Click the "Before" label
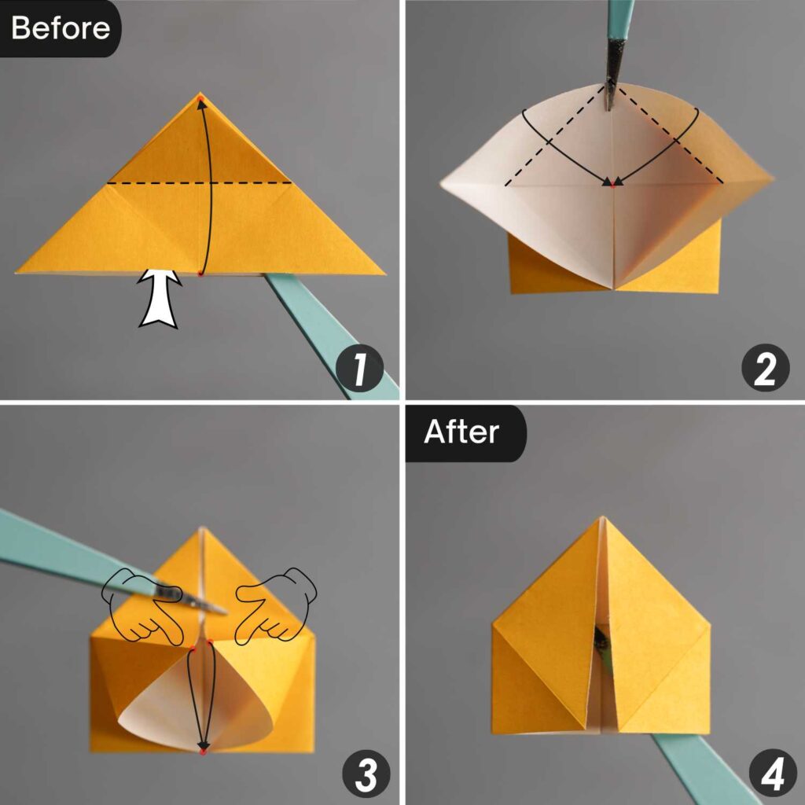(60, 28)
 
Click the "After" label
(461, 432)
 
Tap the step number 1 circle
(359, 369)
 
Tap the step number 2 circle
(764, 369)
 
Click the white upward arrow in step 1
(160, 298)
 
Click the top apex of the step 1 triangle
(200, 94)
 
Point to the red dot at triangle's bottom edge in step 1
(200, 274)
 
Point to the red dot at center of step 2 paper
(610, 184)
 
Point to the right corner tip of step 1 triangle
(383, 273)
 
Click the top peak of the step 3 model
(203, 529)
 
